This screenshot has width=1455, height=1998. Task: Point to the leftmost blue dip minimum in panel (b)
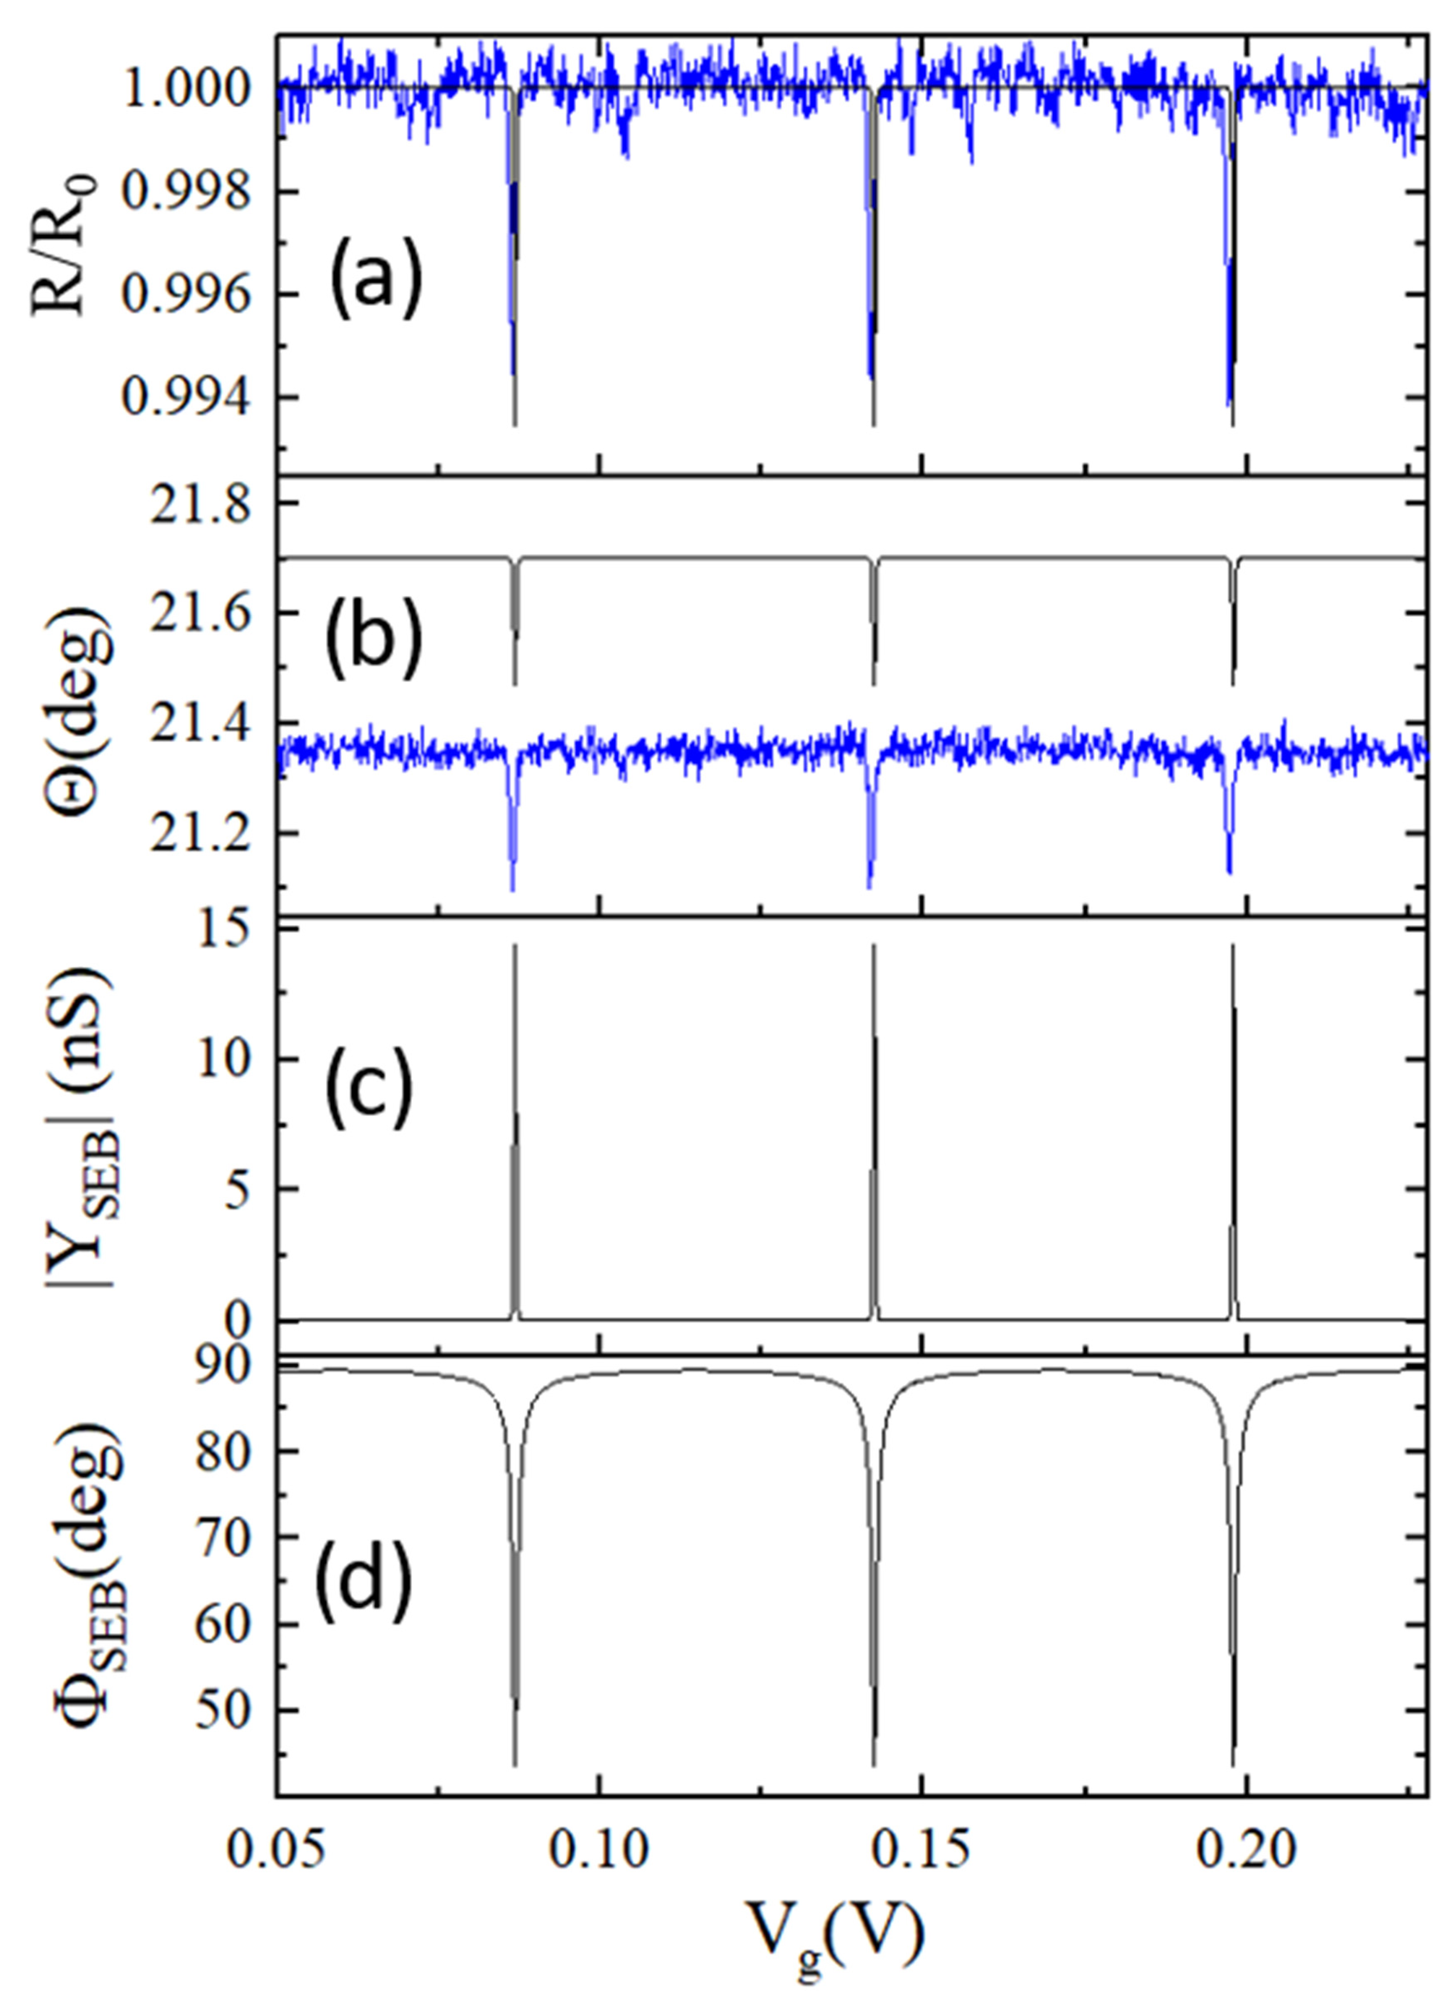tap(513, 890)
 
